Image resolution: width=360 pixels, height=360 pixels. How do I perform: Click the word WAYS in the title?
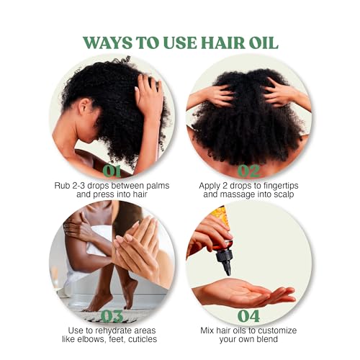coord(108,43)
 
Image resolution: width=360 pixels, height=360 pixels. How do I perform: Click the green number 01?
coord(112,171)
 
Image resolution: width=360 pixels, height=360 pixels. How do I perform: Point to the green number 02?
coord(248,171)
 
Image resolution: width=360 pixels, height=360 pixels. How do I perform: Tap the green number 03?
coord(112,316)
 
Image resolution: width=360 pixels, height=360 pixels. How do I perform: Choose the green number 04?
coord(248,316)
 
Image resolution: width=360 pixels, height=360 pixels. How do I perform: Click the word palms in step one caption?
coord(157,186)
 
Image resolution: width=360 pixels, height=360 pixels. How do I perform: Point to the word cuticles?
coord(143,339)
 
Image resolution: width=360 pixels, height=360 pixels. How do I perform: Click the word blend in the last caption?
coord(267,339)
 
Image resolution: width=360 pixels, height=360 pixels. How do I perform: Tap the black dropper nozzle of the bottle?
coord(225,261)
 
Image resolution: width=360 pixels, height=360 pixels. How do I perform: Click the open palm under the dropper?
coord(243,292)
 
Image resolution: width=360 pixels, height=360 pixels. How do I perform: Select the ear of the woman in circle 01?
coord(83,106)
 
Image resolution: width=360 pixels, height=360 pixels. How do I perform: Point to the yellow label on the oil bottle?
coord(220,215)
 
